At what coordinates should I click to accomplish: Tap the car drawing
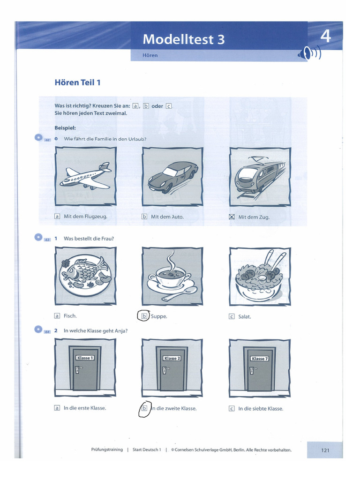(172, 177)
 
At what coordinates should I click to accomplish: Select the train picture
(260, 176)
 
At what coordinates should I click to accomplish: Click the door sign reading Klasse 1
(85, 358)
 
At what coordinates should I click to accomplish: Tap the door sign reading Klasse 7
(259, 359)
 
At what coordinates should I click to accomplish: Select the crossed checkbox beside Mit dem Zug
(232, 217)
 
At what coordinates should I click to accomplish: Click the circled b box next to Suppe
(144, 316)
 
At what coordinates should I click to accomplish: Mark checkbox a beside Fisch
(57, 316)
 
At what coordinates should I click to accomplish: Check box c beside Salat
(232, 316)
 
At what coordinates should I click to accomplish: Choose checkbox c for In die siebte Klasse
(232, 408)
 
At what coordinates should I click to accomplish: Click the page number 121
(325, 450)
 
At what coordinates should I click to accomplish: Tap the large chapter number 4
(325, 36)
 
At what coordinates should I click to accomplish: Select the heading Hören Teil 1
(78, 83)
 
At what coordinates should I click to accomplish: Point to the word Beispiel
(65, 127)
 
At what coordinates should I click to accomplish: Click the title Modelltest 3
(184, 39)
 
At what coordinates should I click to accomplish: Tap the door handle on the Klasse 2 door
(164, 370)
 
